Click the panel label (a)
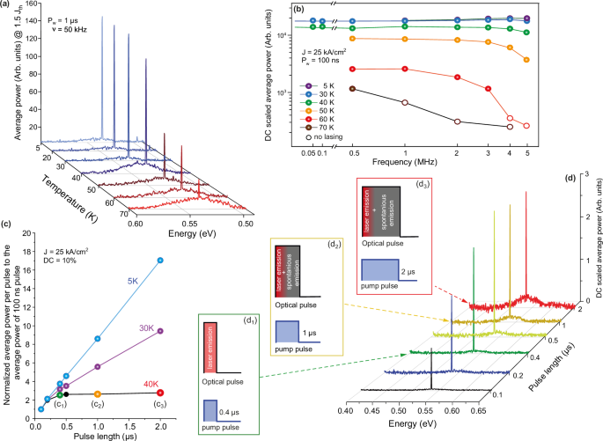[8, 6]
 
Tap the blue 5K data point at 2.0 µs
[159, 260]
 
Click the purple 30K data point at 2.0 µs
[159, 331]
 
